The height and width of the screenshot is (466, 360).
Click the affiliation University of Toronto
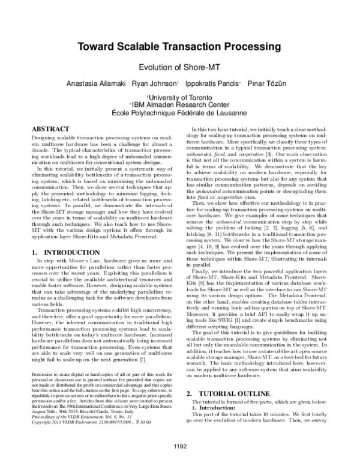(180, 96)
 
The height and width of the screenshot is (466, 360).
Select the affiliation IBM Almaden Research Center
(180, 104)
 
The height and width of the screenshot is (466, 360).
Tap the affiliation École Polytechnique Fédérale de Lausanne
(180, 112)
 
